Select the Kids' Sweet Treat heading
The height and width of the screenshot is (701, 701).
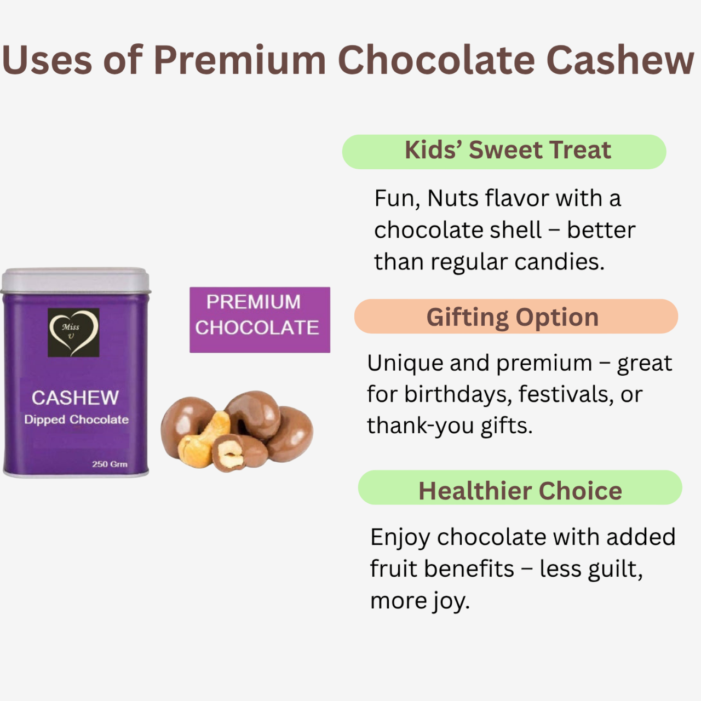coord(507,151)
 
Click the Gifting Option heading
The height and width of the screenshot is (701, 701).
coord(513,317)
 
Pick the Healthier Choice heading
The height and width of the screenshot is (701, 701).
coord(520,491)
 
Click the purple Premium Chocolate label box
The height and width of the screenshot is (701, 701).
coord(260,319)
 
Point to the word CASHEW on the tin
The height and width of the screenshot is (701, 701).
coord(75,398)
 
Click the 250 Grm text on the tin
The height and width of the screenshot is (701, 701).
coord(110,464)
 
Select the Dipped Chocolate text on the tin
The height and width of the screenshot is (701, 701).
coord(77,420)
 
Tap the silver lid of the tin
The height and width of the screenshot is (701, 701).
coord(76,280)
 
